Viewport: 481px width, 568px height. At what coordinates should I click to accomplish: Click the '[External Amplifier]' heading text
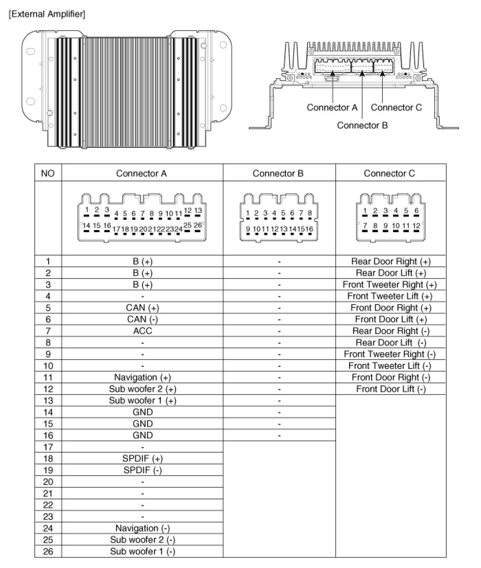click(x=46, y=14)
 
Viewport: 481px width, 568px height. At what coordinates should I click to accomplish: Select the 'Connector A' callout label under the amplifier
click(x=332, y=108)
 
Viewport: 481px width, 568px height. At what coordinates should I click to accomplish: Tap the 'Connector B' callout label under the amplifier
click(x=362, y=125)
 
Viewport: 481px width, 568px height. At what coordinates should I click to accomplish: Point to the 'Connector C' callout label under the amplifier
click(x=396, y=108)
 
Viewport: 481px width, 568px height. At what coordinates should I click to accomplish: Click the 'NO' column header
click(x=48, y=173)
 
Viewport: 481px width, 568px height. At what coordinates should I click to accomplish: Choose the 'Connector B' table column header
click(x=278, y=173)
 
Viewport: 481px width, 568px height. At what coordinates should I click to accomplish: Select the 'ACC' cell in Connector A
click(x=142, y=331)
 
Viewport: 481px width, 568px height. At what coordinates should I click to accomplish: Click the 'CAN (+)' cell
click(x=142, y=308)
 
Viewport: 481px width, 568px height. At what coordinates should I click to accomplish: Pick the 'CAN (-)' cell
click(x=142, y=319)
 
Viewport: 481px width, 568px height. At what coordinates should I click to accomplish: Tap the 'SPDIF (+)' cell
click(x=142, y=459)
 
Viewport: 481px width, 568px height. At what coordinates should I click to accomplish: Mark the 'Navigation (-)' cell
click(x=142, y=528)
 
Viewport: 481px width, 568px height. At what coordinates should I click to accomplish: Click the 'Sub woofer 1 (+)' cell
click(x=142, y=400)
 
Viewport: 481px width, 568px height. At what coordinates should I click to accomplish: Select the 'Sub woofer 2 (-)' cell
click(x=142, y=540)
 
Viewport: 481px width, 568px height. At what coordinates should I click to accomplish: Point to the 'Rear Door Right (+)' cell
click(x=390, y=262)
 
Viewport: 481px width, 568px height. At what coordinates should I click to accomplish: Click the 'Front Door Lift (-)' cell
click(x=390, y=389)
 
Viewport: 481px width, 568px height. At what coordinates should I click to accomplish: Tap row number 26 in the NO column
click(x=48, y=552)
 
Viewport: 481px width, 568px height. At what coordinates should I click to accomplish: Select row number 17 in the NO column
click(x=48, y=447)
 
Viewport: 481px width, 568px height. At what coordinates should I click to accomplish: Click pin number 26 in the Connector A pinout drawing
click(x=197, y=225)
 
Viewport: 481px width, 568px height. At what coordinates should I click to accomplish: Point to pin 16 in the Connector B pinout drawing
click(x=309, y=229)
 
